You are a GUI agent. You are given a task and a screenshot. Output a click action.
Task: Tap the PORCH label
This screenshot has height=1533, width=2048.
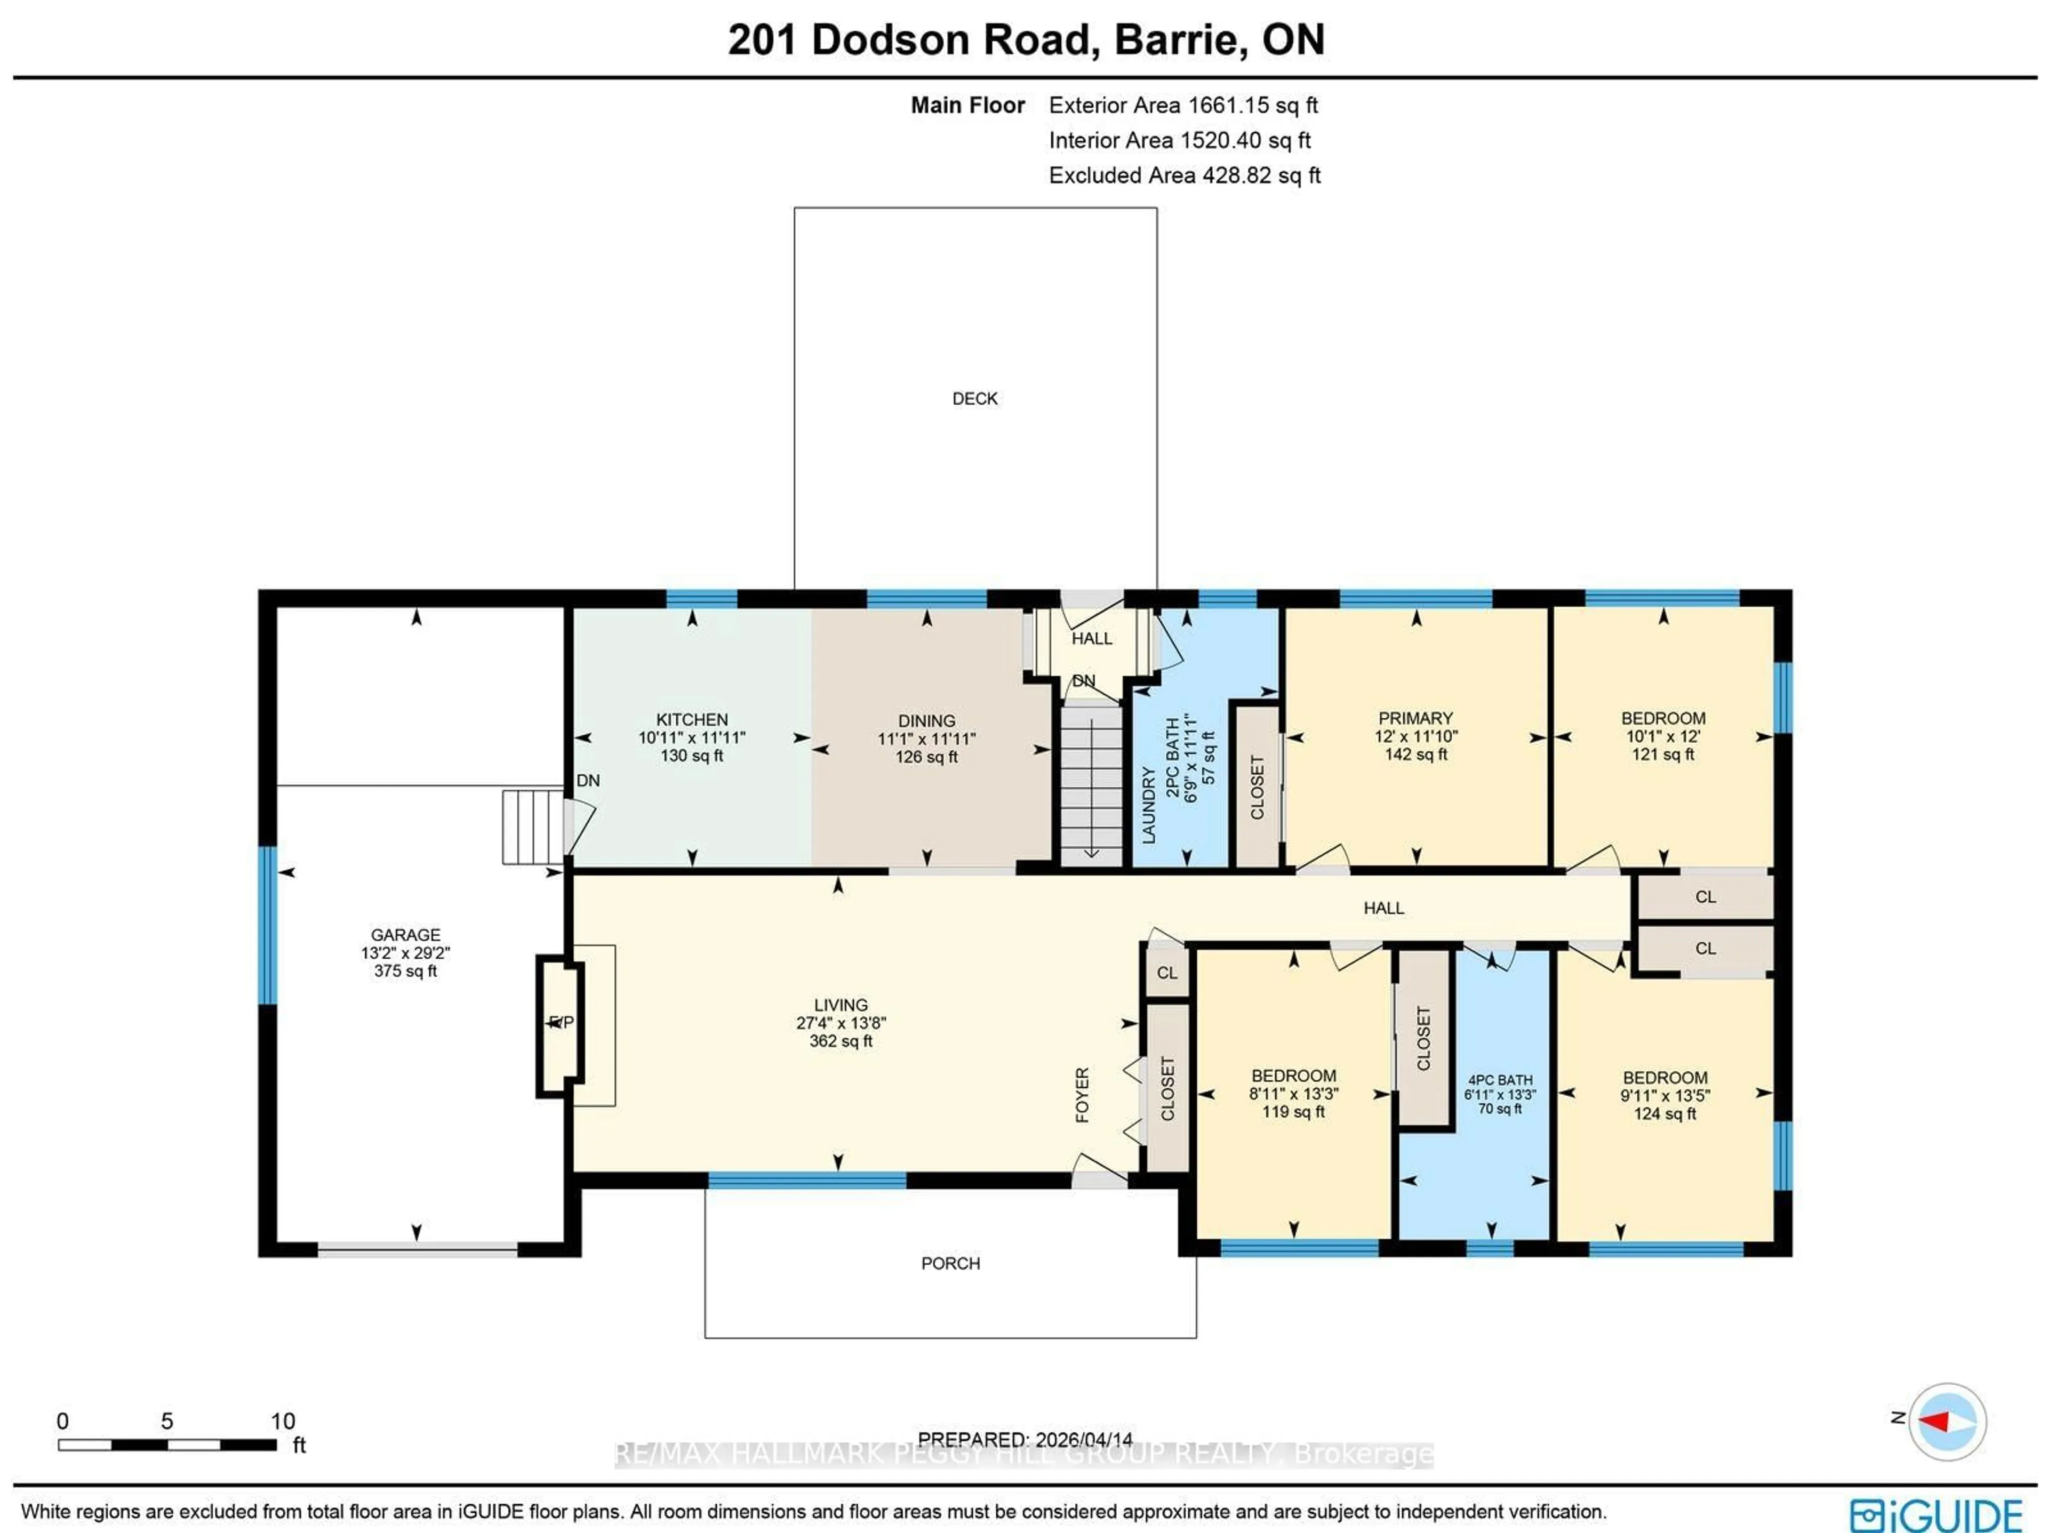point(950,1264)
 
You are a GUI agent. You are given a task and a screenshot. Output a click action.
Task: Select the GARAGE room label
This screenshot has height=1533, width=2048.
point(405,935)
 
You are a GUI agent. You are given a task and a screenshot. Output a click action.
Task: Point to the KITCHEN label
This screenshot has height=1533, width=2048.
point(692,719)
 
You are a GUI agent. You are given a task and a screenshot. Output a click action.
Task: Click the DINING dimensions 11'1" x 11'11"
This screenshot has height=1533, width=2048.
point(926,739)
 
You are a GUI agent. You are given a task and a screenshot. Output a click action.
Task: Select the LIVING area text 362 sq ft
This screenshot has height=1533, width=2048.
point(841,1041)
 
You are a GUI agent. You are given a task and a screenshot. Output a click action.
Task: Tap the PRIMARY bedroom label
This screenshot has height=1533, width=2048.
point(1415,718)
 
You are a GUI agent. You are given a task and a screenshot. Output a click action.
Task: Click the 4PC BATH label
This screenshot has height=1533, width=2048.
point(1500,1080)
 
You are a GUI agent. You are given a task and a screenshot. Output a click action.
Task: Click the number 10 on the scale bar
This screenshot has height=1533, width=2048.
point(282,1421)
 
